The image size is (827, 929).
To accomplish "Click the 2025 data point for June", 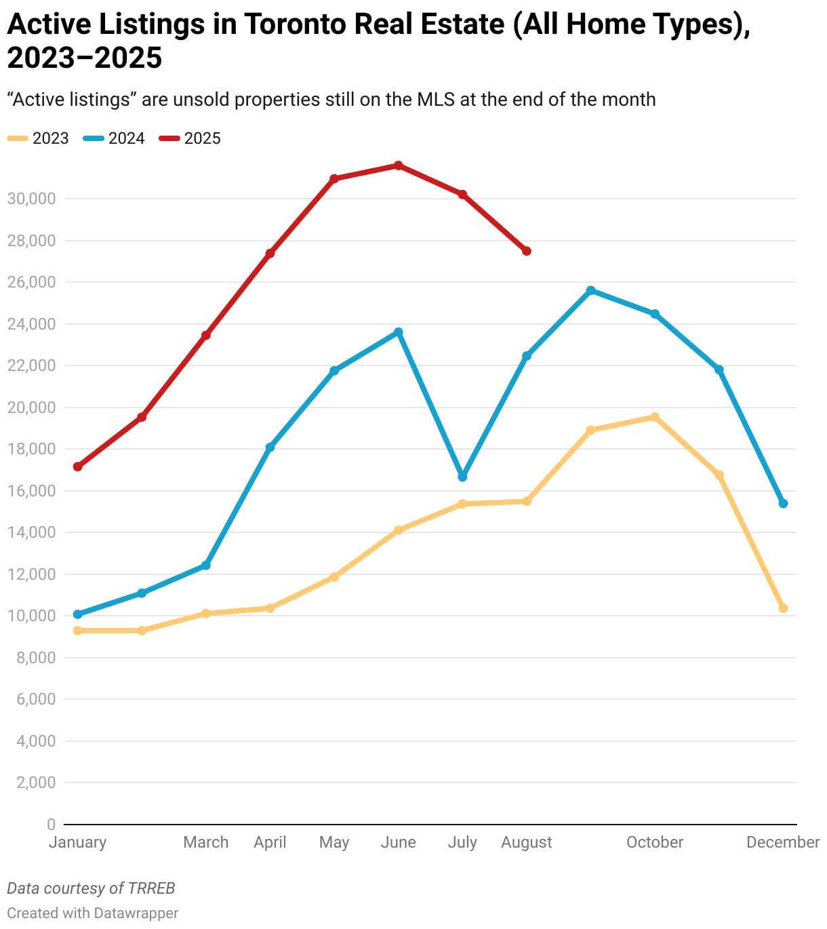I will click(x=399, y=165).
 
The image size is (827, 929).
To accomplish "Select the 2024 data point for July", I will click(x=462, y=477).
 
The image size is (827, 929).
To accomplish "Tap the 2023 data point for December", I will click(x=783, y=608).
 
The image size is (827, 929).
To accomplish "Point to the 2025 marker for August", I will click(x=527, y=251).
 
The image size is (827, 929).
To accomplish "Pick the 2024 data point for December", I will click(x=783, y=503).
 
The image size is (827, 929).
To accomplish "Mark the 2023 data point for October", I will click(x=655, y=417).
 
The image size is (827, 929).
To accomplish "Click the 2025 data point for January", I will click(x=77, y=467).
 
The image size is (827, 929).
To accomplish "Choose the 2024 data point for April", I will click(x=270, y=448).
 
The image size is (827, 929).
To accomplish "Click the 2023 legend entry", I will click(x=39, y=138).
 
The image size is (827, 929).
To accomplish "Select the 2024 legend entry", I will click(x=115, y=138).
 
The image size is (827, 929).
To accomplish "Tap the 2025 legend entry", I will click(x=190, y=138).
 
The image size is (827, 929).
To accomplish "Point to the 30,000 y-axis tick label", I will click(x=31, y=199).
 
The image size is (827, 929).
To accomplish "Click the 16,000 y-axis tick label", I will click(x=31, y=491).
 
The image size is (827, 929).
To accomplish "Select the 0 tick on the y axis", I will click(x=51, y=825).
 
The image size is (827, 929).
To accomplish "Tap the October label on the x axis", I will click(x=655, y=842).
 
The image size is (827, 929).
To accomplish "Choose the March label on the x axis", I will click(x=206, y=842).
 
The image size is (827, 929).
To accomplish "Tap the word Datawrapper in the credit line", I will click(x=136, y=913).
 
